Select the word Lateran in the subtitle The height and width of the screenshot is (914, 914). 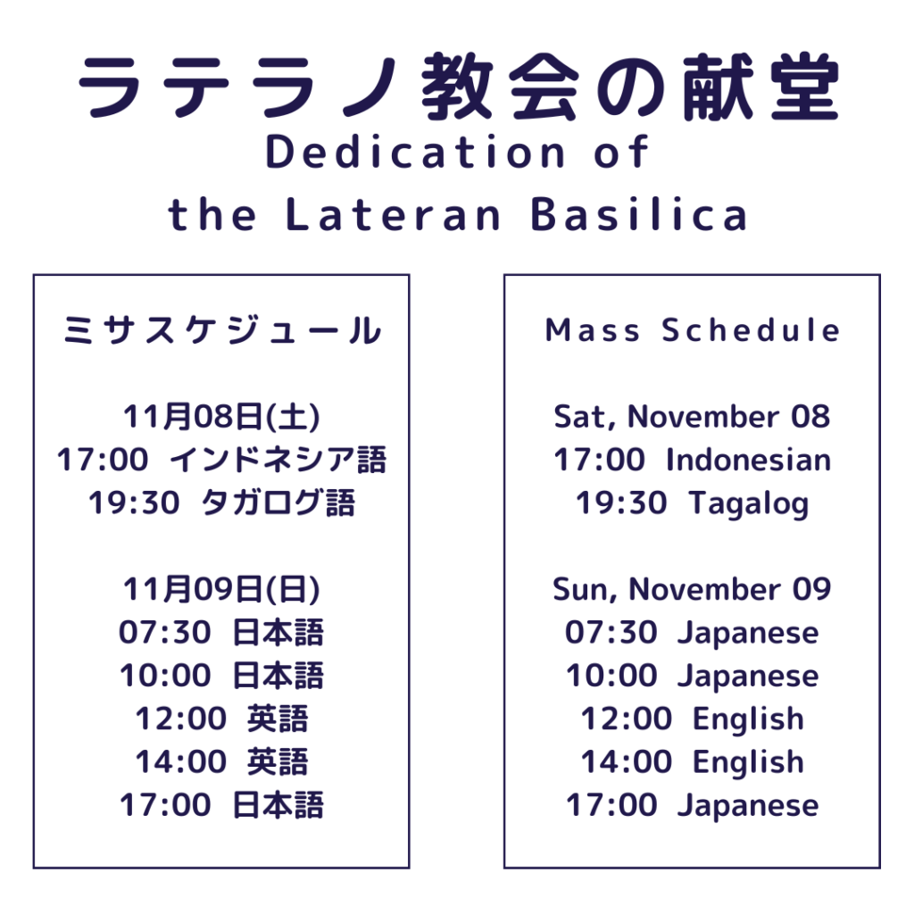click(394, 214)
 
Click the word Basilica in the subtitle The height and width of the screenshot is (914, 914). click(639, 214)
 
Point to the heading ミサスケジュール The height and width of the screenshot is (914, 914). click(222, 330)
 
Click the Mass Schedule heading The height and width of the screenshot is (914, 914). click(693, 330)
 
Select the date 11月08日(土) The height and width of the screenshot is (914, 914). click(221, 416)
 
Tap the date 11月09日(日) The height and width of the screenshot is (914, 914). click(221, 589)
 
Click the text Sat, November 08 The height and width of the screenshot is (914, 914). click(692, 417)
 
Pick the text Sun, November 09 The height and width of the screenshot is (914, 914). click(692, 589)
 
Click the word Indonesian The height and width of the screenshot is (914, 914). click(749, 460)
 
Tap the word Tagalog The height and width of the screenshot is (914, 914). click(749, 503)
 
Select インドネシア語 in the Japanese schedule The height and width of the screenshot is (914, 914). click(278, 460)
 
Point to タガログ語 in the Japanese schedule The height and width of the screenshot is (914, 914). click(278, 503)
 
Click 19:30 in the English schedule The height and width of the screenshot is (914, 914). click(621, 503)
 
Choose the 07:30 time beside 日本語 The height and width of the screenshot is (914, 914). click(165, 632)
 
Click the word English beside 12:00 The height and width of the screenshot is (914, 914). click(749, 719)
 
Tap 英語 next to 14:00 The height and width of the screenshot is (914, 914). click(278, 761)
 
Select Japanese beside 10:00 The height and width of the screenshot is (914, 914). click(749, 677)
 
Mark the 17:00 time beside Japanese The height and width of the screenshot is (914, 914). click(611, 804)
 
